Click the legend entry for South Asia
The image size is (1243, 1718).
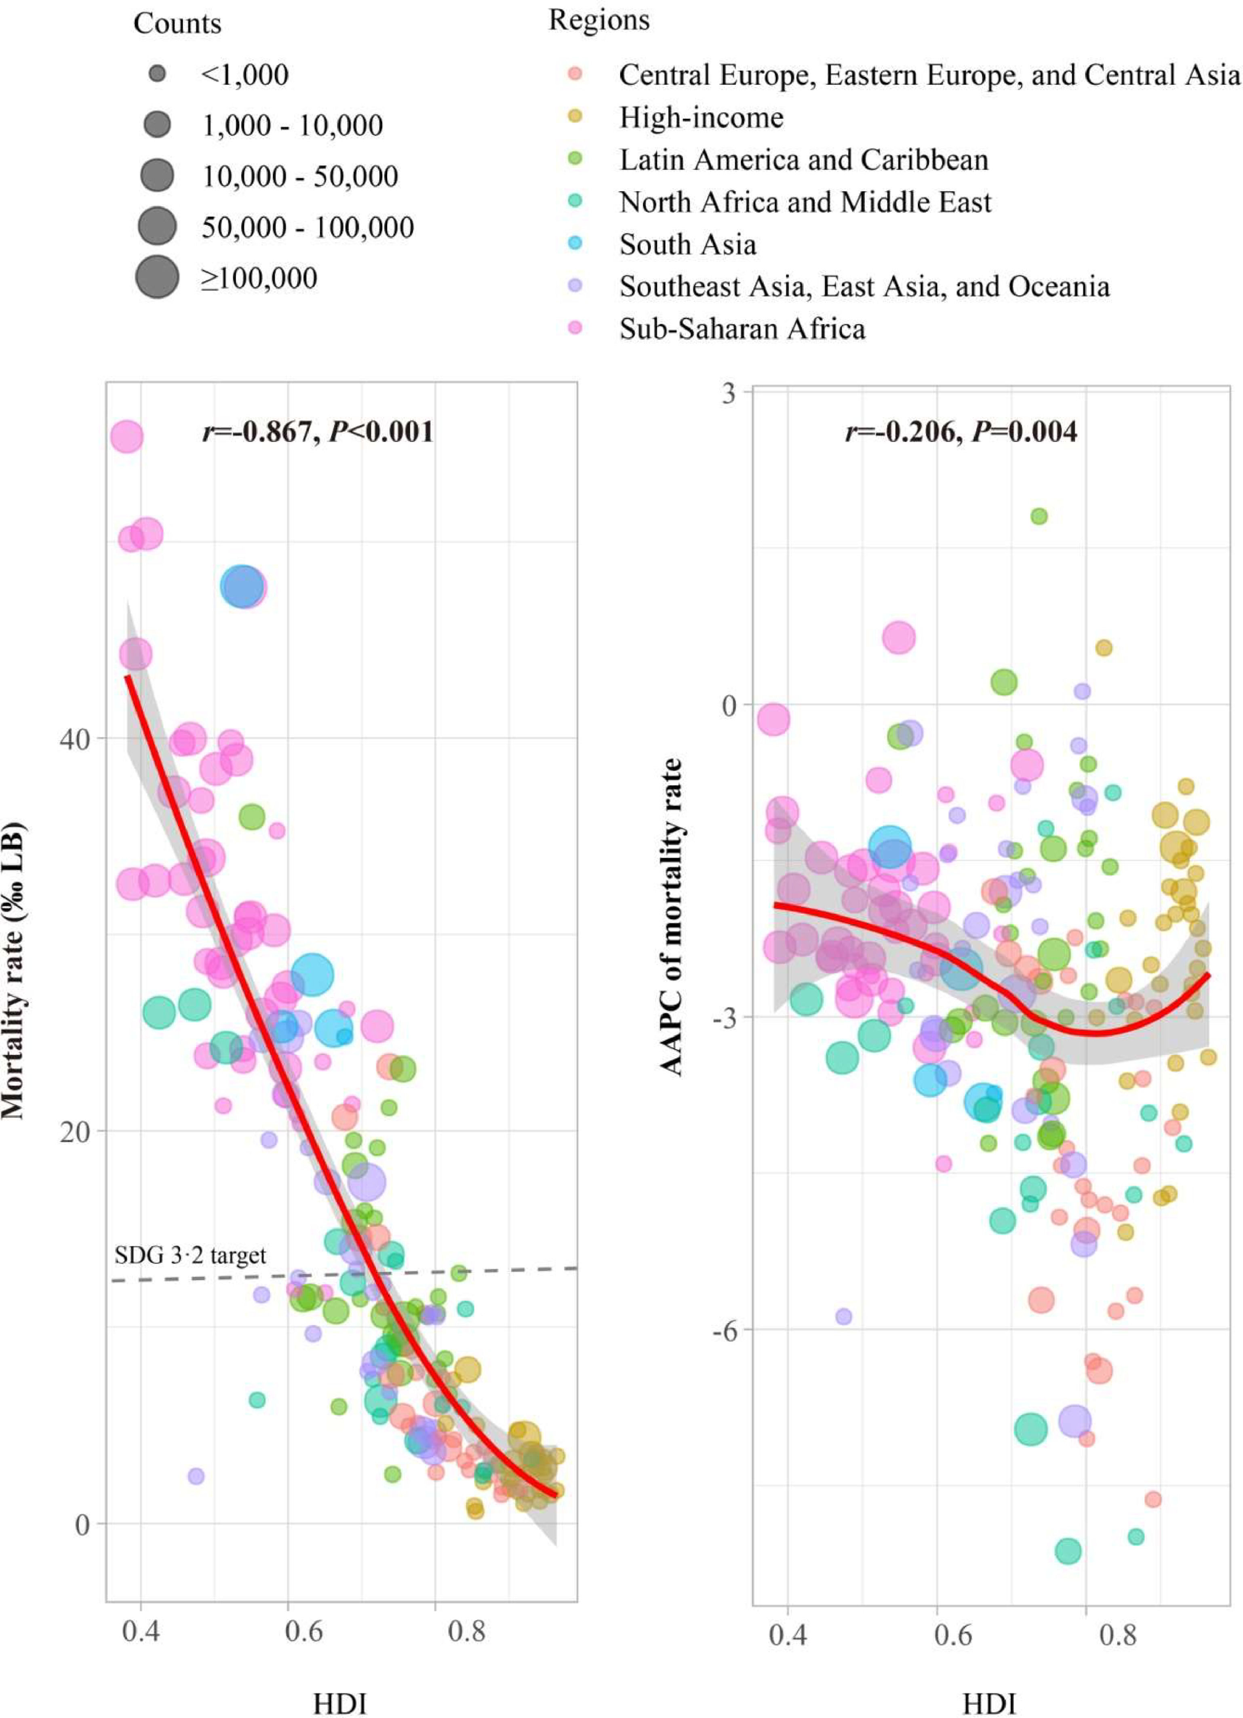tap(687, 245)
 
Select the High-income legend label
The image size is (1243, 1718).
tap(701, 117)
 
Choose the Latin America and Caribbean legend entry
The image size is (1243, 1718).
tap(803, 160)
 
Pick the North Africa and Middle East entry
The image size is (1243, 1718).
tap(805, 202)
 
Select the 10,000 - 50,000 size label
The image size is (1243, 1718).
tap(299, 177)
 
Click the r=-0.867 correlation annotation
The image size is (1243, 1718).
tap(317, 432)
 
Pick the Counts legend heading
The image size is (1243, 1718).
tap(177, 24)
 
